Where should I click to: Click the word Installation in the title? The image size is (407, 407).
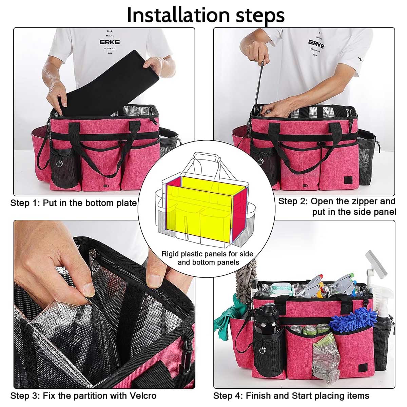tap(178, 15)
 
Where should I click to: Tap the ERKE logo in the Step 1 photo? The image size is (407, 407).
tap(110, 42)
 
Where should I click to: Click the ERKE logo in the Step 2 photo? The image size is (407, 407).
tap(316, 44)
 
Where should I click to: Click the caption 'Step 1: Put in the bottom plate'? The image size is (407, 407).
tap(74, 203)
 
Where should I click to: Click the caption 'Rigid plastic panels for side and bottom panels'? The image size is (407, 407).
tap(208, 258)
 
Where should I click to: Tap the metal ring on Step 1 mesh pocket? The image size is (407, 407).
tap(59, 163)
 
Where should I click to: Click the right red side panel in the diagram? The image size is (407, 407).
tap(239, 213)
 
